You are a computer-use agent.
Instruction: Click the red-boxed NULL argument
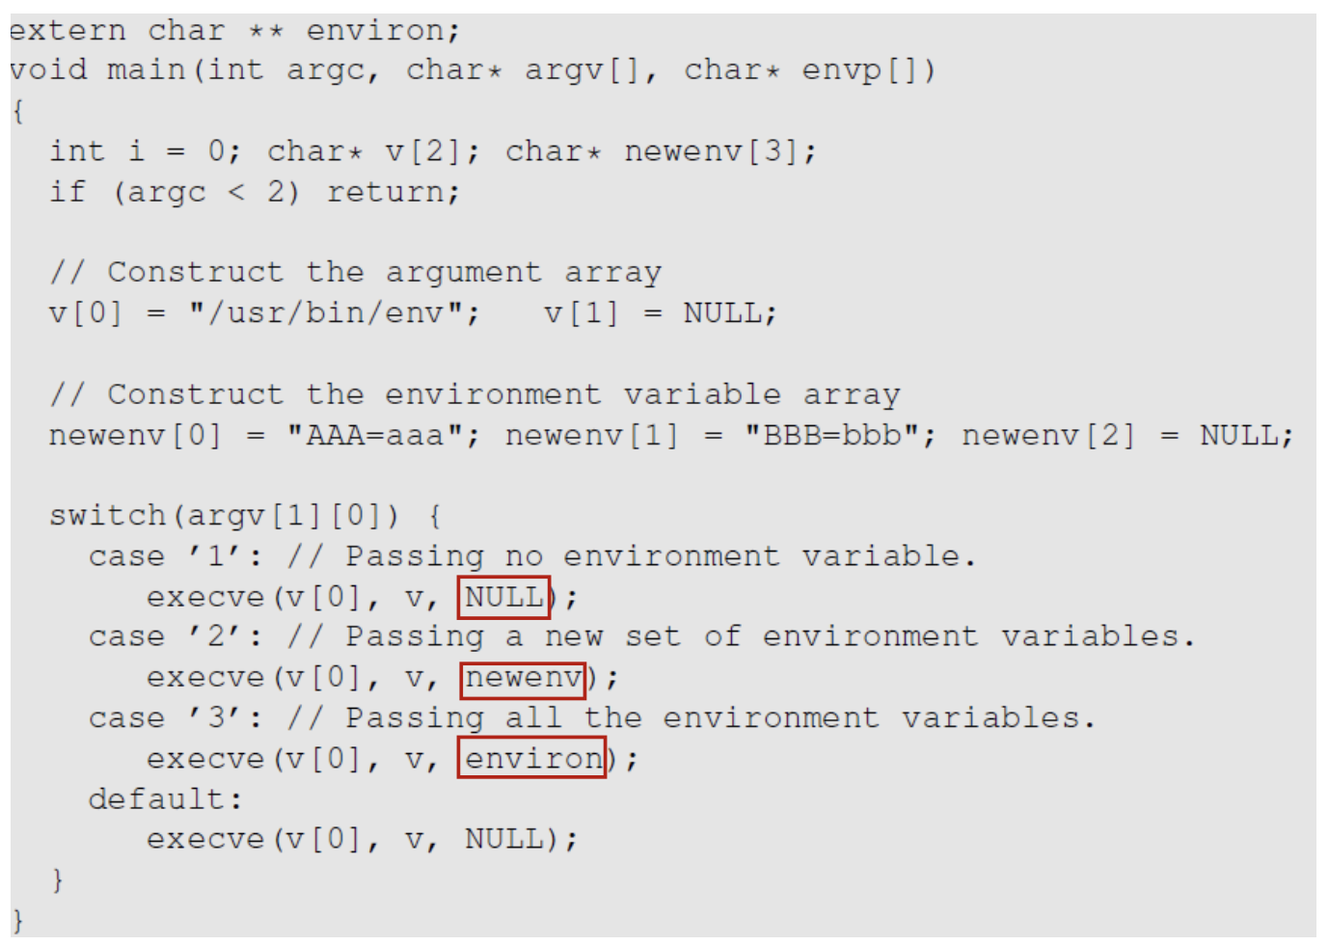pyautogui.click(x=504, y=598)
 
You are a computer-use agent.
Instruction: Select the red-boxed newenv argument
pyautogui.click(x=524, y=679)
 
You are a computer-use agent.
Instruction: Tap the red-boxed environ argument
pyautogui.click(x=532, y=759)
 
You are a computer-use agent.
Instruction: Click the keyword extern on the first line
pyautogui.click(x=68, y=31)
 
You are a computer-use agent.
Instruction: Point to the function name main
pyautogui.click(x=146, y=70)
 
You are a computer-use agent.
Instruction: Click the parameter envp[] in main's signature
pyautogui.click(x=867, y=70)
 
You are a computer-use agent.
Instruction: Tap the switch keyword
pyautogui.click(x=107, y=516)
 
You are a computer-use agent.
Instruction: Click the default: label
pyautogui.click(x=165, y=799)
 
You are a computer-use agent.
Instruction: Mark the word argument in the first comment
pyautogui.click(x=463, y=273)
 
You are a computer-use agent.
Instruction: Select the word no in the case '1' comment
pyautogui.click(x=524, y=556)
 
